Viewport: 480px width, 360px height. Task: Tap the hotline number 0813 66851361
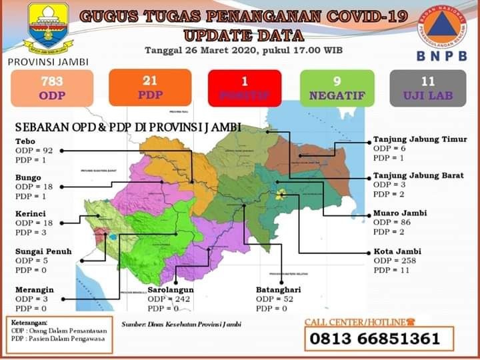[x=373, y=339]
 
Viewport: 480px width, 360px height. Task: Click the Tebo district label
[x=25, y=141]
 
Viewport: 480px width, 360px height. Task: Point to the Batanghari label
[x=278, y=291]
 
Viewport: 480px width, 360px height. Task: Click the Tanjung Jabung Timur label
[x=419, y=139]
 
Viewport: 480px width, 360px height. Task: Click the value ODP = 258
[x=395, y=261]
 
